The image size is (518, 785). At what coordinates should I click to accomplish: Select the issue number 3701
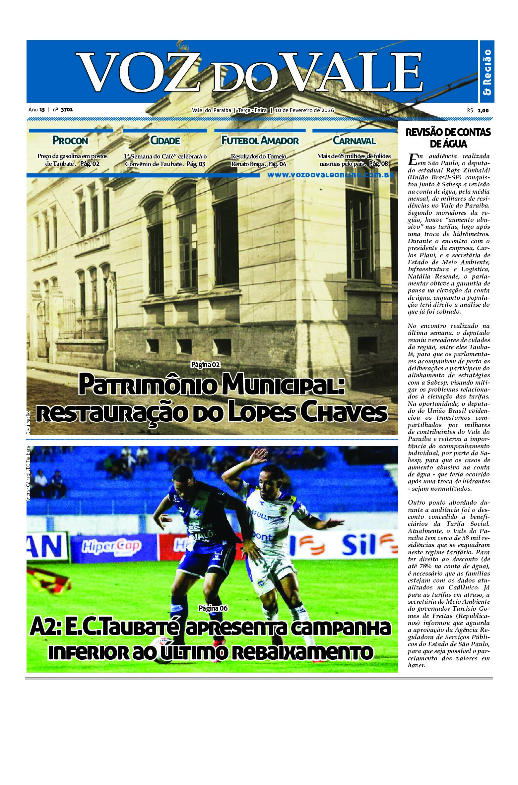67,110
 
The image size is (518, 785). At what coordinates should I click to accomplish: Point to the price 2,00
483,111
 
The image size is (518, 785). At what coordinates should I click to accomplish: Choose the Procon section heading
70,141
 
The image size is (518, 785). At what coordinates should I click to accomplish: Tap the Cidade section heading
165,141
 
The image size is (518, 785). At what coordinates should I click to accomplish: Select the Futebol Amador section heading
260,141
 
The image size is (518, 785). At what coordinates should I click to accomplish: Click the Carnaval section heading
354,141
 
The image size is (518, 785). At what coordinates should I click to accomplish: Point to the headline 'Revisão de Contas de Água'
448,138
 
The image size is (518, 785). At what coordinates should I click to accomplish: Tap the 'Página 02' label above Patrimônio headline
205,365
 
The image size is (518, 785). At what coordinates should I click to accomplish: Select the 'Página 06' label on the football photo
213,608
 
